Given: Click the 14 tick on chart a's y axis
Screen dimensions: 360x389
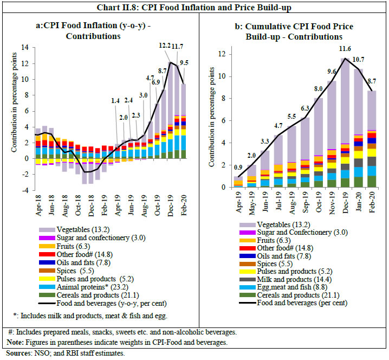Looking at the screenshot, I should (25, 47).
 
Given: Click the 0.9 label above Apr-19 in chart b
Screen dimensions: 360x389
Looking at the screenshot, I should (238, 166).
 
